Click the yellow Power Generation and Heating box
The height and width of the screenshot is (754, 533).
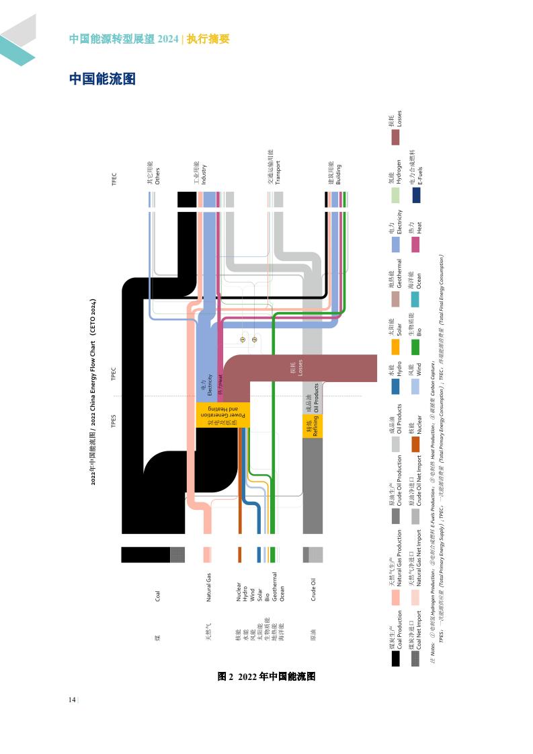[x=222, y=414]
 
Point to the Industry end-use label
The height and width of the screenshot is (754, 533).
[x=200, y=173]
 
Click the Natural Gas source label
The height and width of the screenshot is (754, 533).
[x=209, y=587]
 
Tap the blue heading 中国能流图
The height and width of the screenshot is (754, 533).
[x=102, y=79]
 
